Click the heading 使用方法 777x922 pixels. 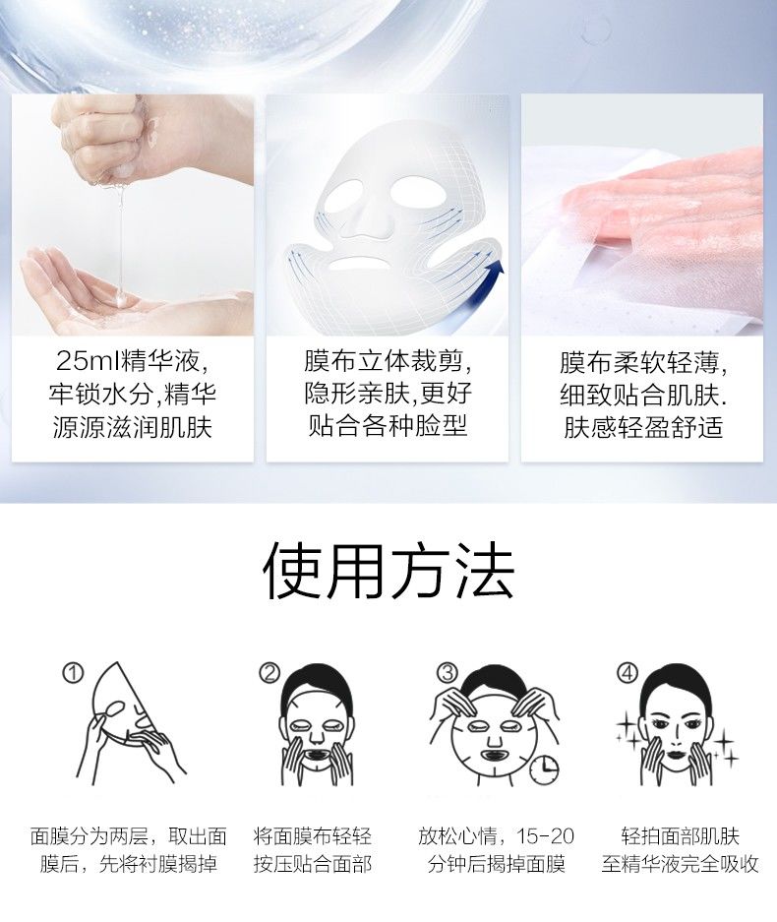point(388,571)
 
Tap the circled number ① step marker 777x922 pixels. point(74,673)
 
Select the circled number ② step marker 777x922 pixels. point(269,673)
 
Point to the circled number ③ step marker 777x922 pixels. point(448,673)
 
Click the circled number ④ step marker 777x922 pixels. point(628,673)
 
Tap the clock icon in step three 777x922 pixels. point(544,769)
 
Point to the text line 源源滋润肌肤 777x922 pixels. point(132,427)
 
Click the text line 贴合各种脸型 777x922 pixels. point(388,425)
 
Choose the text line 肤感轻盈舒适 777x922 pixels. point(643,427)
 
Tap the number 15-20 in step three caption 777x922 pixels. point(545,835)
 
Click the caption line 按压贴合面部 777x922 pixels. point(313,864)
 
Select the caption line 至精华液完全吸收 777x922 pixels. point(680,864)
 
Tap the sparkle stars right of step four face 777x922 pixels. point(726,746)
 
